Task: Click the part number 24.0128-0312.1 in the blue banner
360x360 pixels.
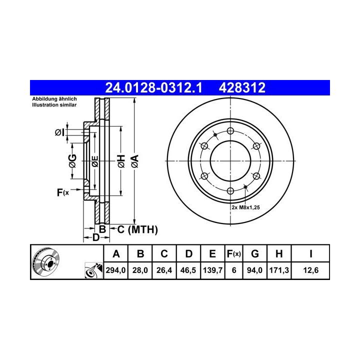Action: pos(153,87)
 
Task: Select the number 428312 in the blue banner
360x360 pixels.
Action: pos(242,87)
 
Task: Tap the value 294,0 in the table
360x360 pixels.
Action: pos(115,270)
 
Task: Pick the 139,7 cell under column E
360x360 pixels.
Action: pos(212,270)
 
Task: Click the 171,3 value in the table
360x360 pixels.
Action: pos(279,270)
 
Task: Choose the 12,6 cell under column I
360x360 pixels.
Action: pos(311,270)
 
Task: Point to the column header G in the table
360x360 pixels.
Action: pos(255,254)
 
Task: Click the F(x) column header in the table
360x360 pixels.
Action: pos(233,254)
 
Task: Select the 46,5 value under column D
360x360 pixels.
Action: pos(188,270)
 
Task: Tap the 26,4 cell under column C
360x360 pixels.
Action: pos(164,270)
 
